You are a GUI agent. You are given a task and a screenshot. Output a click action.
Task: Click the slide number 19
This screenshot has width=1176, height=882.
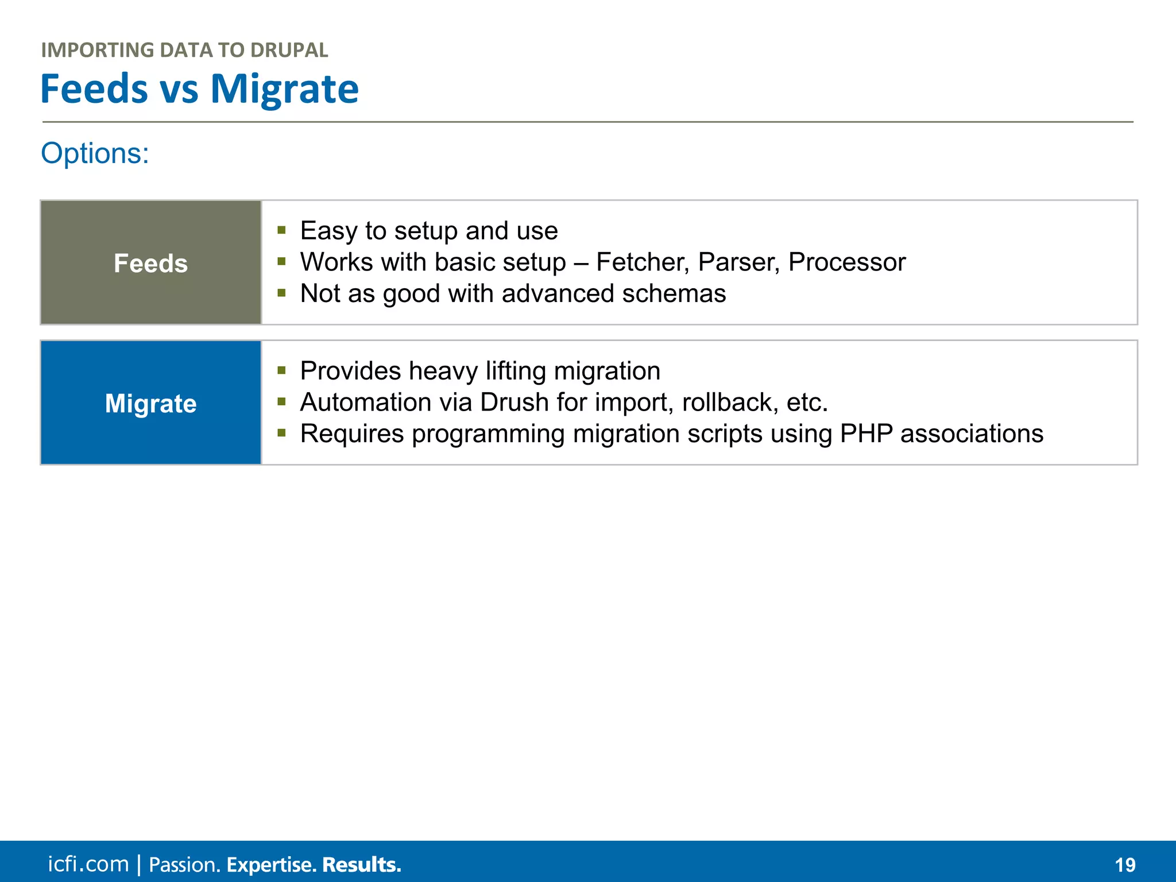tap(1125, 865)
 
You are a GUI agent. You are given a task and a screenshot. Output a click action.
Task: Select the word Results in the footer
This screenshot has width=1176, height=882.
tap(361, 865)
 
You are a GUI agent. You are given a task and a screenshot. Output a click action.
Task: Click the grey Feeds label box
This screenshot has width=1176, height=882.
tap(151, 263)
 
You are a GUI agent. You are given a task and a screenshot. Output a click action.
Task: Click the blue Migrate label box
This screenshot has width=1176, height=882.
tap(151, 403)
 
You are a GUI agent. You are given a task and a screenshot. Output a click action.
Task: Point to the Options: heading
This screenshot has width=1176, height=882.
tap(95, 154)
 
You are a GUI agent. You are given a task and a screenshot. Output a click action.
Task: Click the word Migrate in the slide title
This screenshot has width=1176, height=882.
tap(284, 89)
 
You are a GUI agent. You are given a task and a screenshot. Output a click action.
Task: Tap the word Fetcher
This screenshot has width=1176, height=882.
tap(642, 262)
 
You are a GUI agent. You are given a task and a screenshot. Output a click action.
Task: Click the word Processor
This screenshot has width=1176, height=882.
tap(846, 262)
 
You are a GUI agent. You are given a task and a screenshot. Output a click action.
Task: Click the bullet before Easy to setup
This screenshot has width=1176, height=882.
tap(281, 231)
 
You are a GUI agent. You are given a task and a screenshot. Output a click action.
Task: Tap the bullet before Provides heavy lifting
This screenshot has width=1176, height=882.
tap(281, 371)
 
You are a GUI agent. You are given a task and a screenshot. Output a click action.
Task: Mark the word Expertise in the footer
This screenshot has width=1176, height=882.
tap(271, 865)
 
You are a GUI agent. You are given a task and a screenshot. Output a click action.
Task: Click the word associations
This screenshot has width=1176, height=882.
tap(972, 434)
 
